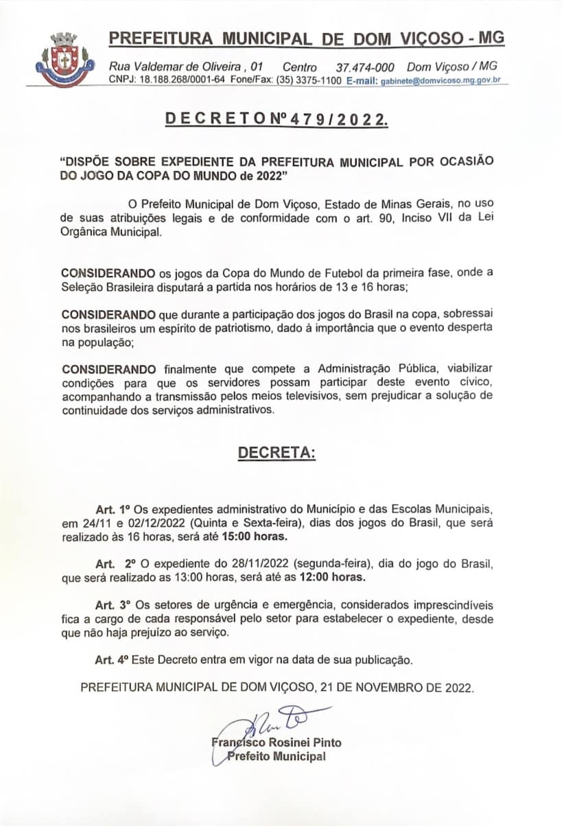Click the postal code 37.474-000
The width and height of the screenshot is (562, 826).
point(364,67)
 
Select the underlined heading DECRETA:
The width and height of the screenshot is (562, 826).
point(277,453)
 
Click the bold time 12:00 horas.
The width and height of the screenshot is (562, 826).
point(333,577)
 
